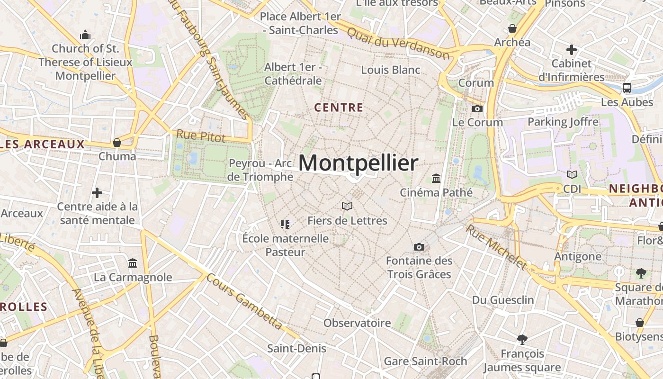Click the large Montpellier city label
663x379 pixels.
358,163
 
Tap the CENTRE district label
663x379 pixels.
339,108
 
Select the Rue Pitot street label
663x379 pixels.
201,136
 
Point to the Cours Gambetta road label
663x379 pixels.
244,302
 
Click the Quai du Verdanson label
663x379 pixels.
398,43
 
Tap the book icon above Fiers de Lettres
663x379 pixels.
347,206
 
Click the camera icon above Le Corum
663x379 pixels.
477,108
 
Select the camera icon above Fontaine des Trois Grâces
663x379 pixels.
419,247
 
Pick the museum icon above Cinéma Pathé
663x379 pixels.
436,179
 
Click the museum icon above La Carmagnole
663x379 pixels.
133,263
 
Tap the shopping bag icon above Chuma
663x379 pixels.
117,142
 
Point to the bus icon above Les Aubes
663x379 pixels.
627,88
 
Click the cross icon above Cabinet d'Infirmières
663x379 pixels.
572,49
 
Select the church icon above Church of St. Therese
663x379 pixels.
85,35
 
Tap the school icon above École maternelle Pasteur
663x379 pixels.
285,224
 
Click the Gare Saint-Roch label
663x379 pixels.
425,361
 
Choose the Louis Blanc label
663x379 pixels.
390,70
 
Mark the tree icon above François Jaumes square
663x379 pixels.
522,339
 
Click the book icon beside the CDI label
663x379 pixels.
572,174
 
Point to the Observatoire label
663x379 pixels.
357,323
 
